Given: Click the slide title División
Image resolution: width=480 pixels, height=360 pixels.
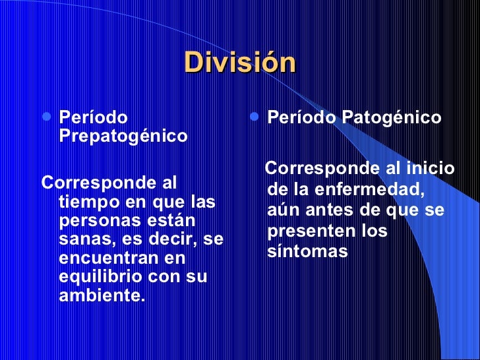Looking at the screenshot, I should (x=241, y=63).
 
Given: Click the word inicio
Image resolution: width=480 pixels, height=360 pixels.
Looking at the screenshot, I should (x=429, y=169).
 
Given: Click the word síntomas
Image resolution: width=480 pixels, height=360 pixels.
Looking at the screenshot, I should (x=307, y=252).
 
